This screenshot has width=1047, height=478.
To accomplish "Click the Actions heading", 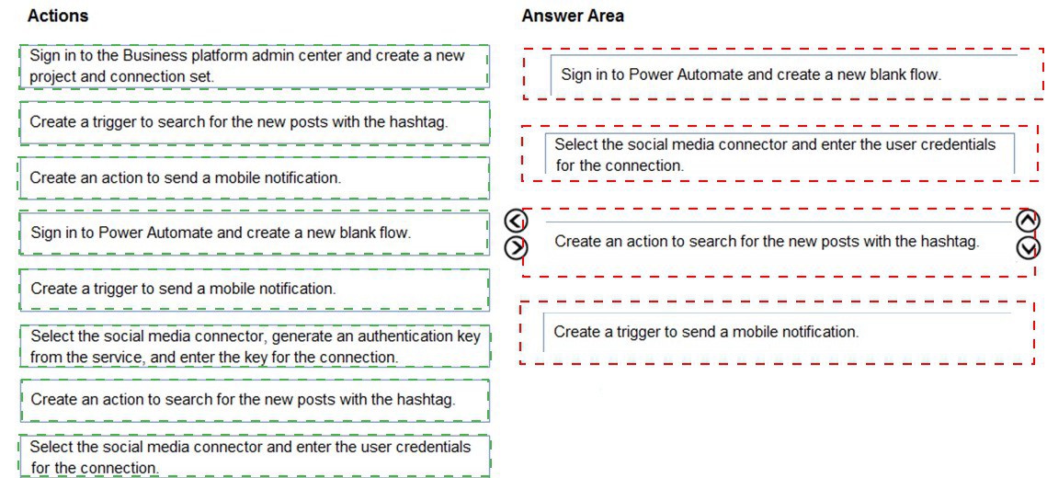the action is click(57, 16).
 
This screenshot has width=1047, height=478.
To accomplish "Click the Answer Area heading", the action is click(573, 16).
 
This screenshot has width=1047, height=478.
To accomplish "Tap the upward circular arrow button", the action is click(1027, 220).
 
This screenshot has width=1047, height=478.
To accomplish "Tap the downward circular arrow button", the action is click(1027, 247).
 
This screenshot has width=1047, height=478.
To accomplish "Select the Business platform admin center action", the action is click(254, 66).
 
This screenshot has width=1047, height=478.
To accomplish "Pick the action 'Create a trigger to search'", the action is click(254, 122).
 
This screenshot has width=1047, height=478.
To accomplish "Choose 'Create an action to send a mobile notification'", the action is click(254, 177).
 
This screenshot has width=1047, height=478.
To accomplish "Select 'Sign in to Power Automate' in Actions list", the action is click(254, 233).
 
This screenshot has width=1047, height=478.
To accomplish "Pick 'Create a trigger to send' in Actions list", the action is click(254, 289).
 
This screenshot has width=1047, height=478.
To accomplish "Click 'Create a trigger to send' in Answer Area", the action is click(777, 332).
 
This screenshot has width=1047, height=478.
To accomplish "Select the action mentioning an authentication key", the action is click(254, 346).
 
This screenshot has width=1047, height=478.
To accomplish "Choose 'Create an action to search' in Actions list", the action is click(254, 400).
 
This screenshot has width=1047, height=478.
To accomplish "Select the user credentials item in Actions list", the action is click(254, 457).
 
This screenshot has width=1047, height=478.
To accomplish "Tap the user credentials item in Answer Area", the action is click(780, 154).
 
